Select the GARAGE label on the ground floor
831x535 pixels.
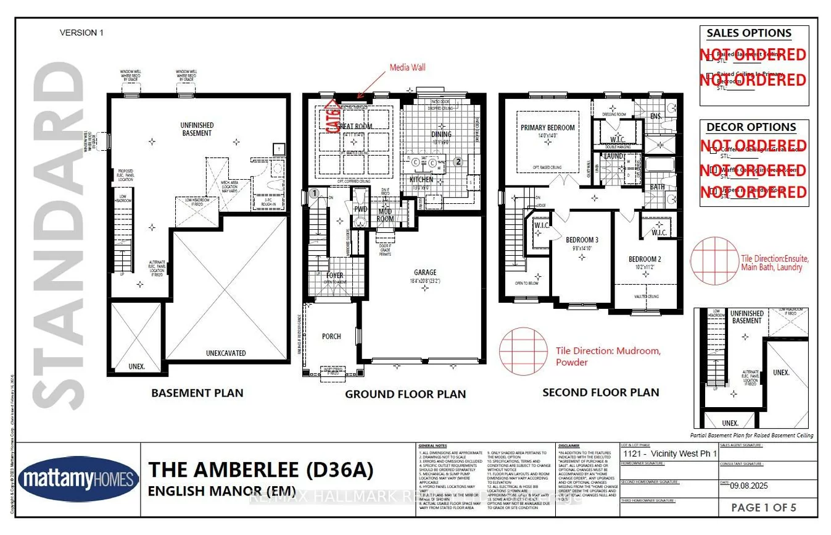click(x=425, y=272)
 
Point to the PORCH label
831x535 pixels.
click(x=331, y=337)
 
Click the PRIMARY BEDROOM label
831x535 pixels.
click(x=547, y=128)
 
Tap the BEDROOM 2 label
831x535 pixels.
click(x=645, y=259)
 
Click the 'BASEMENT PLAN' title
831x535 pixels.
click(x=197, y=393)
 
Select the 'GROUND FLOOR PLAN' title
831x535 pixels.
click(x=405, y=394)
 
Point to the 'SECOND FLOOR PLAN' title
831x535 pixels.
click(x=600, y=392)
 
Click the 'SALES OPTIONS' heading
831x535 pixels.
click(x=748, y=33)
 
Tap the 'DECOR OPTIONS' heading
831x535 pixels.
click(x=751, y=127)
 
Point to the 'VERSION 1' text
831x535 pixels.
click(x=81, y=33)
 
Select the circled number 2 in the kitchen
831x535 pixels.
click(x=458, y=162)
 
